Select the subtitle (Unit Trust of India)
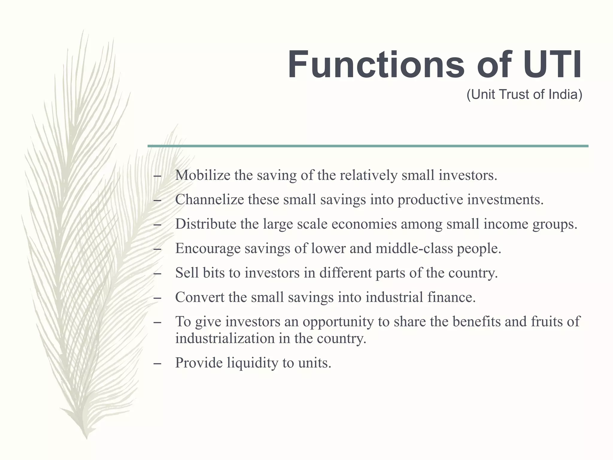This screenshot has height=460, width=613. click(524, 95)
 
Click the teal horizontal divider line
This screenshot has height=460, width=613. click(368, 146)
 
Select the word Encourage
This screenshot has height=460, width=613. click(208, 248)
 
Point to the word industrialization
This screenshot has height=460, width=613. click(225, 338)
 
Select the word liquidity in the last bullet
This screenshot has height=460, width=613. click(252, 363)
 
